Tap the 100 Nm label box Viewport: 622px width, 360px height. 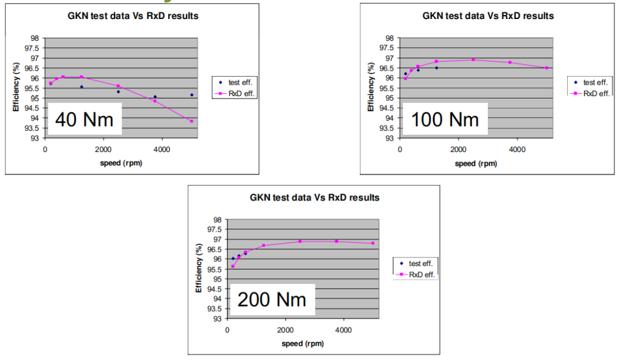pyautogui.click(x=445, y=119)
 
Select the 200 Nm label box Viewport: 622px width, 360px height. pyautogui.click(x=272, y=300)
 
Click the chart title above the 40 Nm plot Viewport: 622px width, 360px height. pyautogui.click(x=134, y=16)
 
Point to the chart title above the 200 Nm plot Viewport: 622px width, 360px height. pyautogui.click(x=314, y=198)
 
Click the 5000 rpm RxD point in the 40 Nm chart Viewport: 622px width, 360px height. pyautogui.click(x=191, y=121)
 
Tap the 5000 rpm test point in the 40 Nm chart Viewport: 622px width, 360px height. pyautogui.click(x=191, y=95)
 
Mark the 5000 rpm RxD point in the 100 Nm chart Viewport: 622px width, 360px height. pyautogui.click(x=547, y=68)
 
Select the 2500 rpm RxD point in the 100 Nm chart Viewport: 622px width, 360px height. pyautogui.click(x=473, y=59)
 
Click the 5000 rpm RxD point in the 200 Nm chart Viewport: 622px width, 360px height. pyautogui.click(x=373, y=243)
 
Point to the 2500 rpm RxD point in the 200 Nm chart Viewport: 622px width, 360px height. pyautogui.click(x=299, y=241)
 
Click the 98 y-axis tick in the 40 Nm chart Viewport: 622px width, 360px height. pyautogui.click(x=35, y=39)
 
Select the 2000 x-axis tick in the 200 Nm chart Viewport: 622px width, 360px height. pyautogui.click(x=285, y=330)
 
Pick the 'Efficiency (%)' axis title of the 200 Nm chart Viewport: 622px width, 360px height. pyautogui.click(x=199, y=269)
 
